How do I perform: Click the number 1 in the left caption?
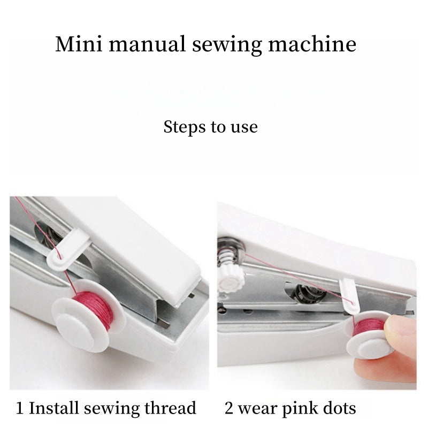point(20,409)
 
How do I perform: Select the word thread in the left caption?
point(170,409)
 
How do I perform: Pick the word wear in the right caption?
point(257,409)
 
